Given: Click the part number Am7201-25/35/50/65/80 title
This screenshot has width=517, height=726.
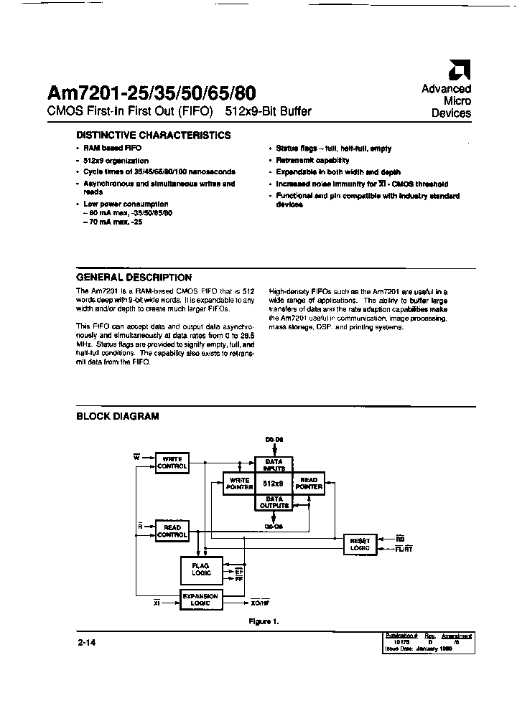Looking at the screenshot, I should tap(151, 93).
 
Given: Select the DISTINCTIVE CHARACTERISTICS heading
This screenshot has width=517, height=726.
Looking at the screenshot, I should tap(154, 135).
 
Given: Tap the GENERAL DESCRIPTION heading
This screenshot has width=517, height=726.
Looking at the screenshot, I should tap(134, 277).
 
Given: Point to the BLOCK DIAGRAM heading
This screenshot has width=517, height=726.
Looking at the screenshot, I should tap(118, 416).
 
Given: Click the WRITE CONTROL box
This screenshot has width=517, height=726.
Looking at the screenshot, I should tap(172, 463).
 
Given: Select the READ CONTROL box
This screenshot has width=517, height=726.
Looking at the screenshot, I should tap(172, 531).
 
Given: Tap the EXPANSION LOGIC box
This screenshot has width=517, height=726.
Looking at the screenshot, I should tap(200, 600).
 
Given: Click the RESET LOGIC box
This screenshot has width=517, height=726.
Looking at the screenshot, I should tap(360, 544).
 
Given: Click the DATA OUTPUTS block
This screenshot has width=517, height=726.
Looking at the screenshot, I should tap(274, 502).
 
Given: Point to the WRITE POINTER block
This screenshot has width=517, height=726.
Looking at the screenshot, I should tap(239, 484).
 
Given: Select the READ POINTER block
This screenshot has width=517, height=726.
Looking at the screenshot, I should tap(309, 484).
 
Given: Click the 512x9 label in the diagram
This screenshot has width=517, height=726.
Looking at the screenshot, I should tap(274, 484).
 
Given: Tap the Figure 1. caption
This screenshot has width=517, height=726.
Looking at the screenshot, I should tap(264, 622).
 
